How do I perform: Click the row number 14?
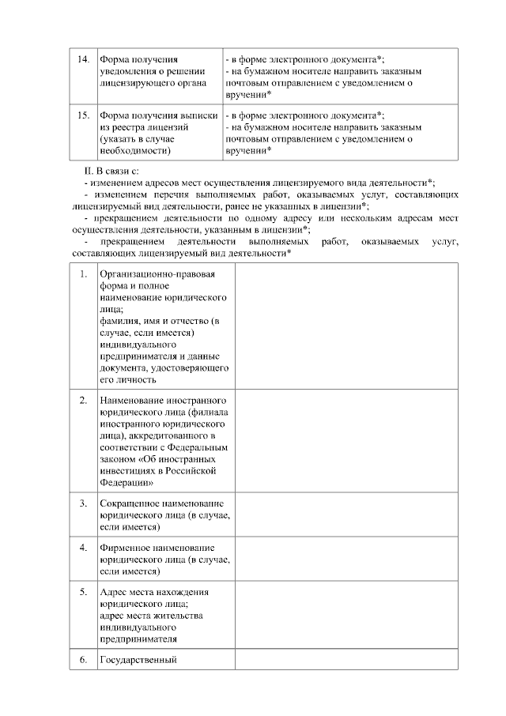tap(81, 59)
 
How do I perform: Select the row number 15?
tap(81, 115)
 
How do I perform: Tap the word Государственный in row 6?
tap(138, 659)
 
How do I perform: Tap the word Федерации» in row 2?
tap(126, 481)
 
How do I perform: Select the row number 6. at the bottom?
tap(83, 659)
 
